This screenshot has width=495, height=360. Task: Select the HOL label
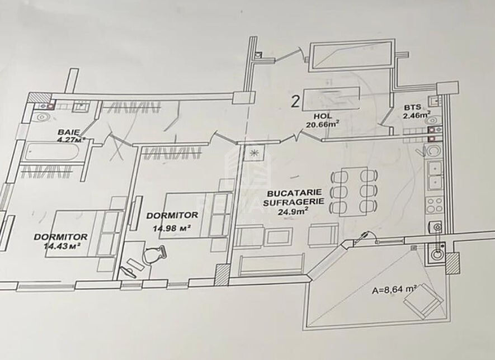[x=323, y=116]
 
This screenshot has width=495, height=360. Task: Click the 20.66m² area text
[x=323, y=124]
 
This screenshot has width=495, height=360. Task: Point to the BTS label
[x=412, y=108]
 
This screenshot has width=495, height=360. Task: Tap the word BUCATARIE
[x=294, y=192]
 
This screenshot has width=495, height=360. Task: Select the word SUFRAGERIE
[x=294, y=202]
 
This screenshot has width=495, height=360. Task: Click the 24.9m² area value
[x=293, y=211]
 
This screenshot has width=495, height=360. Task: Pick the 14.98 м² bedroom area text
[x=171, y=228]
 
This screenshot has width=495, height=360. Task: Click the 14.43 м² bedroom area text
[x=61, y=245]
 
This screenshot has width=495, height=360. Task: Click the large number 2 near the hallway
[x=295, y=102]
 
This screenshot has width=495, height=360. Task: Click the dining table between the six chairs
[x=350, y=192]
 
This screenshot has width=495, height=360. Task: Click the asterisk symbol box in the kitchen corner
[x=253, y=153]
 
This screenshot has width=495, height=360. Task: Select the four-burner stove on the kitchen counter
[x=434, y=204]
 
